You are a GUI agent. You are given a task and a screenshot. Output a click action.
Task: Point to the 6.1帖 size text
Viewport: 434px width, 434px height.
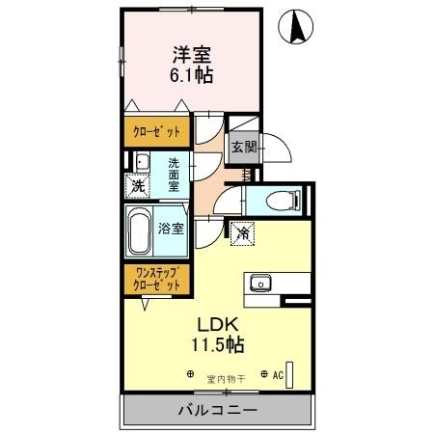[191, 75]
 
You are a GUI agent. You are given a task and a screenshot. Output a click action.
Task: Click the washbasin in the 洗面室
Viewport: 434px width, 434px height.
[141, 162]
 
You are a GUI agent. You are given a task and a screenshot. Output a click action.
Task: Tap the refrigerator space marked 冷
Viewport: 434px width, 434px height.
[243, 231]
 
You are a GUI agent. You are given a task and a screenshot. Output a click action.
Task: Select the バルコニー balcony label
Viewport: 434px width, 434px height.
[217, 410]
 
